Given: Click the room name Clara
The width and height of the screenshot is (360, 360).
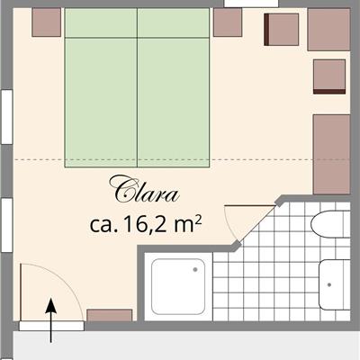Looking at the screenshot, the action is pyautogui.click(x=145, y=189).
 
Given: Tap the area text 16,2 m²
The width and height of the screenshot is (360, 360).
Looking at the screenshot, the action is pyautogui.click(x=161, y=225).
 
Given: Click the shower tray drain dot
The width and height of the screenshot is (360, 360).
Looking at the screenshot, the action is pyautogui.click(x=195, y=270).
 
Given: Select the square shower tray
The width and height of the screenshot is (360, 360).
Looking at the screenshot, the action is pyautogui.click(x=178, y=286).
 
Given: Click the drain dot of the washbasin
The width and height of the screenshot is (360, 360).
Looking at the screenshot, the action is pyautogui.click(x=329, y=284).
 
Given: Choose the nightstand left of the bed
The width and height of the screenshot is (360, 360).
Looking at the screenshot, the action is pyautogui.click(x=47, y=22).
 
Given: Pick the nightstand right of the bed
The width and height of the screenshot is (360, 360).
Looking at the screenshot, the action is pyautogui.click(x=228, y=22).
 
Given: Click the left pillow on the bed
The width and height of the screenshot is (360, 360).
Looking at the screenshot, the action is pyautogui.click(x=101, y=22).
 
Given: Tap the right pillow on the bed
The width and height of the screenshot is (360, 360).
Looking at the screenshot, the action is pyautogui.click(x=173, y=22).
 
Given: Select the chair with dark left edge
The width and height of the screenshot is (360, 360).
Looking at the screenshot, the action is pyautogui.click(x=282, y=30).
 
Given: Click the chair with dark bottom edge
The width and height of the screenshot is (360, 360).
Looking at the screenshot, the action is pyautogui.click(x=329, y=76).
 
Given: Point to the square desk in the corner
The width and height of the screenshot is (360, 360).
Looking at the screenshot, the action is pyautogui.click(x=329, y=30).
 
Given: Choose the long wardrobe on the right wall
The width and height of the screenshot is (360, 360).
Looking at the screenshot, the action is pyautogui.click(x=332, y=154).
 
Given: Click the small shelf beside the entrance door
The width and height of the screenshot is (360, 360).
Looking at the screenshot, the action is pyautogui.click(x=110, y=315).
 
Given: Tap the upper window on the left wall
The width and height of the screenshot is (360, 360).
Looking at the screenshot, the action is pyautogui.click(x=6, y=117).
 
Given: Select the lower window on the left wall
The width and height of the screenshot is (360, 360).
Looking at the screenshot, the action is pyautogui.click(x=6, y=225).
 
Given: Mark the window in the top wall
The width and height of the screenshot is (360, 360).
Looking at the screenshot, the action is pyautogui.click(x=252, y=3).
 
